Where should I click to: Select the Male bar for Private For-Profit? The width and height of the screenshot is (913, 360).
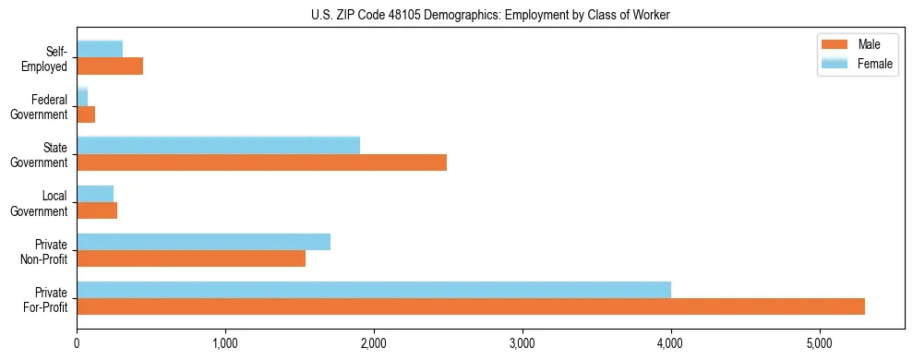(x=471, y=306)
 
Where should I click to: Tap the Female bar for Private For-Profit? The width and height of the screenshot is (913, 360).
(x=374, y=289)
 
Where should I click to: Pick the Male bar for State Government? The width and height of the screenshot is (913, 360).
(x=261, y=162)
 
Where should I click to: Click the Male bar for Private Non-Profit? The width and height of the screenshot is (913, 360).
(x=191, y=258)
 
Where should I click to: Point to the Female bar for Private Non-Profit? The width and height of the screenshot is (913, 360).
(x=203, y=242)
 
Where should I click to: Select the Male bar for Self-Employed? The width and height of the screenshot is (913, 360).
(x=110, y=66)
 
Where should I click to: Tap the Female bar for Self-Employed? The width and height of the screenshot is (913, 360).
(x=100, y=49)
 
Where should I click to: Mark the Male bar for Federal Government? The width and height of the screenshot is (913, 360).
(x=86, y=114)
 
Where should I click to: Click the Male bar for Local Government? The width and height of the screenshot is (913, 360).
(x=97, y=210)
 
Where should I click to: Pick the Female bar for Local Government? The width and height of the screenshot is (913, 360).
(x=95, y=193)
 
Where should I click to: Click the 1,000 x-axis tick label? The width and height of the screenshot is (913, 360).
(x=225, y=343)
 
